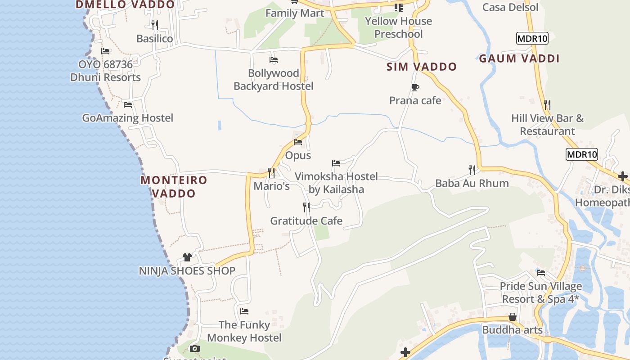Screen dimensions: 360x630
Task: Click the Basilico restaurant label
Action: pyautogui.click(x=154, y=39)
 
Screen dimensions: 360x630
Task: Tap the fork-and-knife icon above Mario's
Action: pyautogui.click(x=271, y=172)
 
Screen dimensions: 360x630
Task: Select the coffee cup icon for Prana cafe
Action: pyautogui.click(x=415, y=87)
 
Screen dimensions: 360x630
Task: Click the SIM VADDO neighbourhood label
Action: pyautogui.click(x=422, y=67)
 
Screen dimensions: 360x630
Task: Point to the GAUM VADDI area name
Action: pyautogui.click(x=519, y=58)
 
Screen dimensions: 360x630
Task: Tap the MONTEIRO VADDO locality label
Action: pyautogui.click(x=174, y=187)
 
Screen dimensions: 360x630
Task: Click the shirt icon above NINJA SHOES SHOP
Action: pyautogui.click(x=187, y=257)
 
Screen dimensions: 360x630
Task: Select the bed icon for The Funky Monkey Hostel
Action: pyautogui.click(x=244, y=311)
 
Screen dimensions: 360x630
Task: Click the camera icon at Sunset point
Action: pyautogui.click(x=194, y=348)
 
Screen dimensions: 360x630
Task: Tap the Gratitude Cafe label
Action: pyautogui.click(x=306, y=221)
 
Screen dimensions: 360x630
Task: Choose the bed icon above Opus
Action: pyautogui.click(x=298, y=142)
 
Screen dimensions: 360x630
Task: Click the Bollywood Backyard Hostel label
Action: pyautogui.click(x=273, y=80)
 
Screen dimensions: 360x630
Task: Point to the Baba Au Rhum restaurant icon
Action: pyautogui.click(x=472, y=170)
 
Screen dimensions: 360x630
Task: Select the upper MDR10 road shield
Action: pyautogui.click(x=532, y=39)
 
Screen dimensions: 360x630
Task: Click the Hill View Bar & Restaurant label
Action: pyautogui.click(x=547, y=125)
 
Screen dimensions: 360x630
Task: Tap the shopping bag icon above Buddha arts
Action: pyautogui.click(x=512, y=317)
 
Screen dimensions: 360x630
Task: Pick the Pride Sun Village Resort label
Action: pyautogui.click(x=540, y=292)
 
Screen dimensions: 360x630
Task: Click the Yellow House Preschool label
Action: pyautogui.click(x=398, y=27)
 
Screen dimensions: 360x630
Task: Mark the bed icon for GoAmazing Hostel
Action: pyautogui.click(x=128, y=105)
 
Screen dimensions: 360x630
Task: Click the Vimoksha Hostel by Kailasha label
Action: pyautogui.click(x=336, y=183)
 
